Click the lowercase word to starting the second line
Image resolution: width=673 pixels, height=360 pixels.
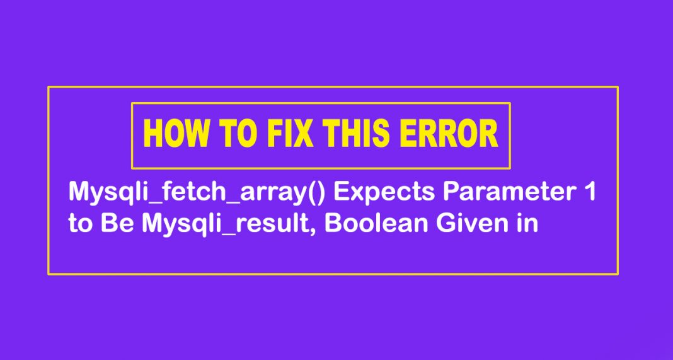tap(80, 224)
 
